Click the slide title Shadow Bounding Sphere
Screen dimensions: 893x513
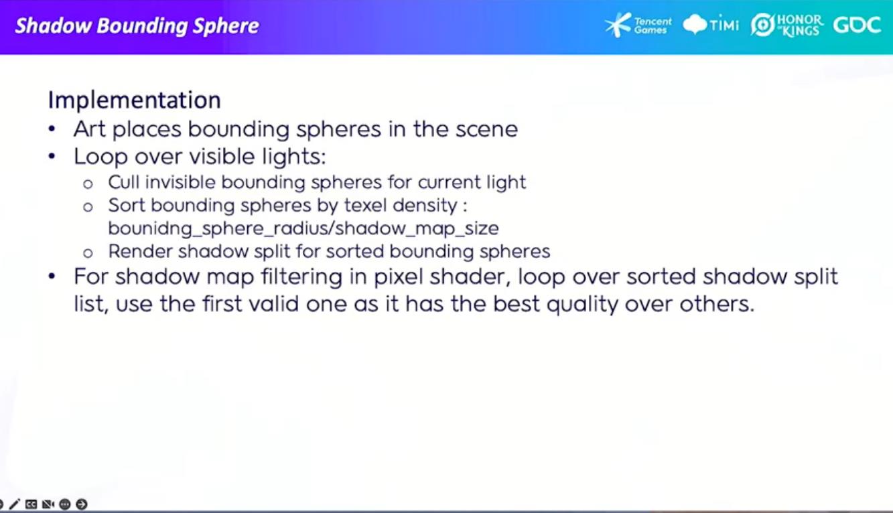pyautogui.click(x=137, y=26)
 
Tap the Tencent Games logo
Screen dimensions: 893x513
pyautogui.click(x=638, y=25)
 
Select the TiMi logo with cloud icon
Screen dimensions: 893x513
pyautogui.click(x=710, y=25)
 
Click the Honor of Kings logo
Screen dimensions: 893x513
pyautogui.click(x=786, y=25)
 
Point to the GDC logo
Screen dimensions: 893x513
pyautogui.click(x=857, y=25)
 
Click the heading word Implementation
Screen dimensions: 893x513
pyautogui.click(x=134, y=100)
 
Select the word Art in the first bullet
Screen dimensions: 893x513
pyautogui.click(x=89, y=129)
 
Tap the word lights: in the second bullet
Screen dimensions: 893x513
pyautogui.click(x=294, y=156)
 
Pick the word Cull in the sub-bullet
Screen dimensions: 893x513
pyautogui.click(x=123, y=182)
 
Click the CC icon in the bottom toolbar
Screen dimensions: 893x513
pyautogui.click(x=31, y=504)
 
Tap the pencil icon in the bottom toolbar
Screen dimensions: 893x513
pyautogui.click(x=14, y=504)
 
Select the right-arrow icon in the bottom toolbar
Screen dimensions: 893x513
pyautogui.click(x=82, y=504)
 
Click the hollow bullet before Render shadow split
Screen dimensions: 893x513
pyautogui.click(x=88, y=253)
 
